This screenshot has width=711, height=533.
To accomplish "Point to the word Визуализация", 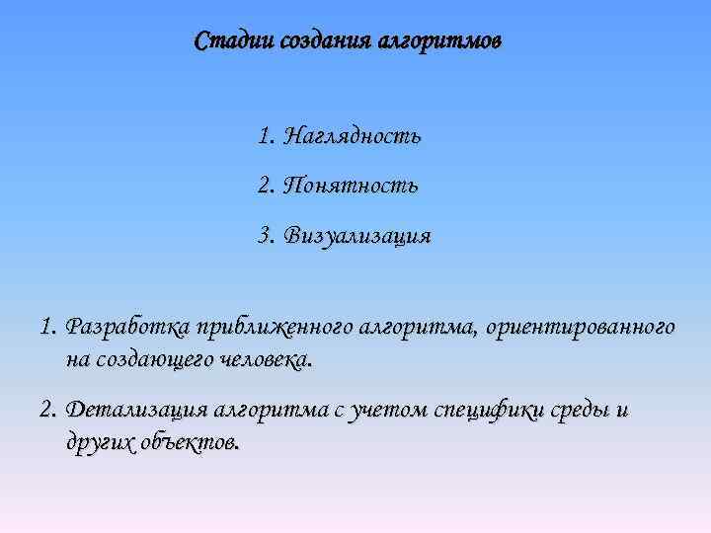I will tap(356, 237).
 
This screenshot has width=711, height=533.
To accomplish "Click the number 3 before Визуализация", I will tap(264, 237).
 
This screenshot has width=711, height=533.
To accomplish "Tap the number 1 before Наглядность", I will tap(264, 136).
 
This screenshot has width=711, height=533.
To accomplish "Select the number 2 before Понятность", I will tap(264, 186).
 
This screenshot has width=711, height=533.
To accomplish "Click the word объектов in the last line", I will tap(194, 442).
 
